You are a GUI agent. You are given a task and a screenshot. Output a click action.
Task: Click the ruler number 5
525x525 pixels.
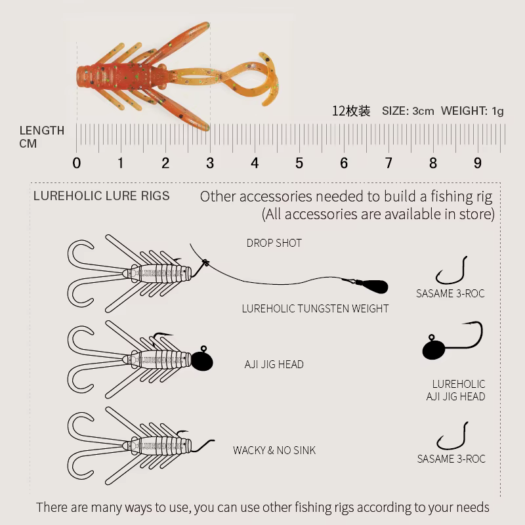[x=299, y=163]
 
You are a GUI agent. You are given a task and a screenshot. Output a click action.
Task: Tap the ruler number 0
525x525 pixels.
[x=76, y=163]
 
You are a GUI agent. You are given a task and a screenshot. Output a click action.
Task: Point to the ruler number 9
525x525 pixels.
[x=478, y=163]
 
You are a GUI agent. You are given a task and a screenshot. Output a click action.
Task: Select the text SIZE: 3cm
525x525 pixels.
[x=408, y=111]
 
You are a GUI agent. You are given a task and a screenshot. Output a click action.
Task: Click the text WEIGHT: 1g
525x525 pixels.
[x=472, y=111]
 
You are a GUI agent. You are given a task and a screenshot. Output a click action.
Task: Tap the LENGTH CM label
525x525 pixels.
[x=41, y=136]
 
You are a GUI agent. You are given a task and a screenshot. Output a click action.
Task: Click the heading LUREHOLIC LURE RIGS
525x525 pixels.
[x=102, y=196]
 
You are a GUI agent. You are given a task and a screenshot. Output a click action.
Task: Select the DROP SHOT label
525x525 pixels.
[x=274, y=243]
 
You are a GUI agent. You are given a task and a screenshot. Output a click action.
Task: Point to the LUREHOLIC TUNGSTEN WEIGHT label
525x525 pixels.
[x=315, y=308]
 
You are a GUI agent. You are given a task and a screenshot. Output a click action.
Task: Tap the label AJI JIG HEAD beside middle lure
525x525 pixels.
[x=274, y=364]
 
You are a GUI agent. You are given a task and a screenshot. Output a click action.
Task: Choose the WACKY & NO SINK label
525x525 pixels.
[x=274, y=450]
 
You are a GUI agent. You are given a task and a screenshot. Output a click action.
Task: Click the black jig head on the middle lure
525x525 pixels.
[x=202, y=360]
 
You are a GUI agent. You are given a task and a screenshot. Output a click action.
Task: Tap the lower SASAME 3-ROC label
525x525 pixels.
[x=451, y=459]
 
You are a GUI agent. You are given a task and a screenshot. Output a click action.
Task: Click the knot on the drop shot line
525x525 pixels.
[x=205, y=262]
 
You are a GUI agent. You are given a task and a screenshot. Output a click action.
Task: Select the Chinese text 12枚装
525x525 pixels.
[x=351, y=111]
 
